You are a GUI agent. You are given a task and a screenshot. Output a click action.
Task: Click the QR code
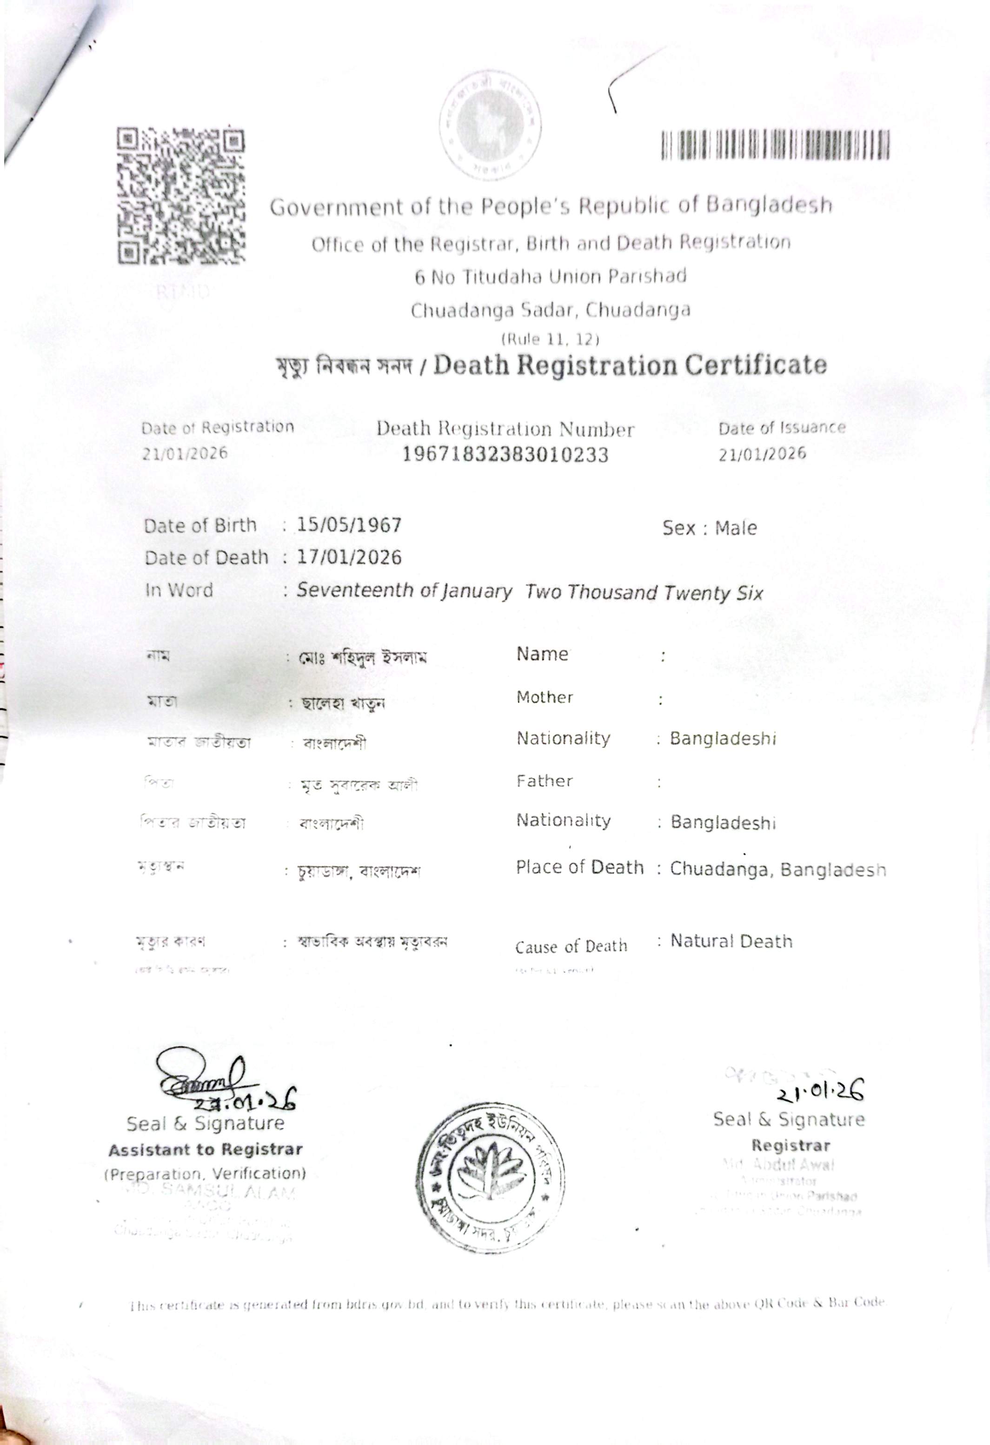click(181, 195)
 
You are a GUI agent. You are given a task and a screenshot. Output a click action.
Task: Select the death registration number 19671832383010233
click(505, 455)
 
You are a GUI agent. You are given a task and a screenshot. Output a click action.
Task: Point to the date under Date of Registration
click(185, 453)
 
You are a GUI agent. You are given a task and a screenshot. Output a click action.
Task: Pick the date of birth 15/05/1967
click(349, 525)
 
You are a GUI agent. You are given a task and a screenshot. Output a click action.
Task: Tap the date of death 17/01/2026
click(349, 557)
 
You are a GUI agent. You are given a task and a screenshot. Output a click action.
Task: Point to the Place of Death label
click(579, 868)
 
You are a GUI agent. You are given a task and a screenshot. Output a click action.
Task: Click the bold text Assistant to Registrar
click(205, 1150)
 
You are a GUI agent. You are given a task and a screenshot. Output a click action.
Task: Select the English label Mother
click(545, 698)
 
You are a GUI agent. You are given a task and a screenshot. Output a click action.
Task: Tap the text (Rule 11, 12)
click(550, 339)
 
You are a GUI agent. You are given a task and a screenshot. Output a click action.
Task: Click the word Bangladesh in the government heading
click(769, 205)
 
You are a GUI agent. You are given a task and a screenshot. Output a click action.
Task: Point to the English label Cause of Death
click(571, 947)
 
